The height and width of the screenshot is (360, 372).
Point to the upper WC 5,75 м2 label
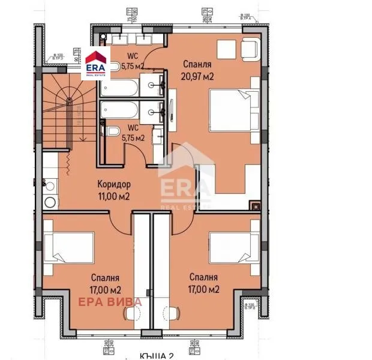133,62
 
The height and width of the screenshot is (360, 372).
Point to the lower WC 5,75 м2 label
133,133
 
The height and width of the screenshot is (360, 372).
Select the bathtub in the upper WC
119,88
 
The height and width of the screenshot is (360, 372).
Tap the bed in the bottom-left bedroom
70,245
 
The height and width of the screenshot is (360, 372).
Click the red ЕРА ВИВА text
110,301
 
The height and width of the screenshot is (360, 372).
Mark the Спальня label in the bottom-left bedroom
106,278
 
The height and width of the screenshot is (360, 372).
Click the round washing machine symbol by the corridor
50,202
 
